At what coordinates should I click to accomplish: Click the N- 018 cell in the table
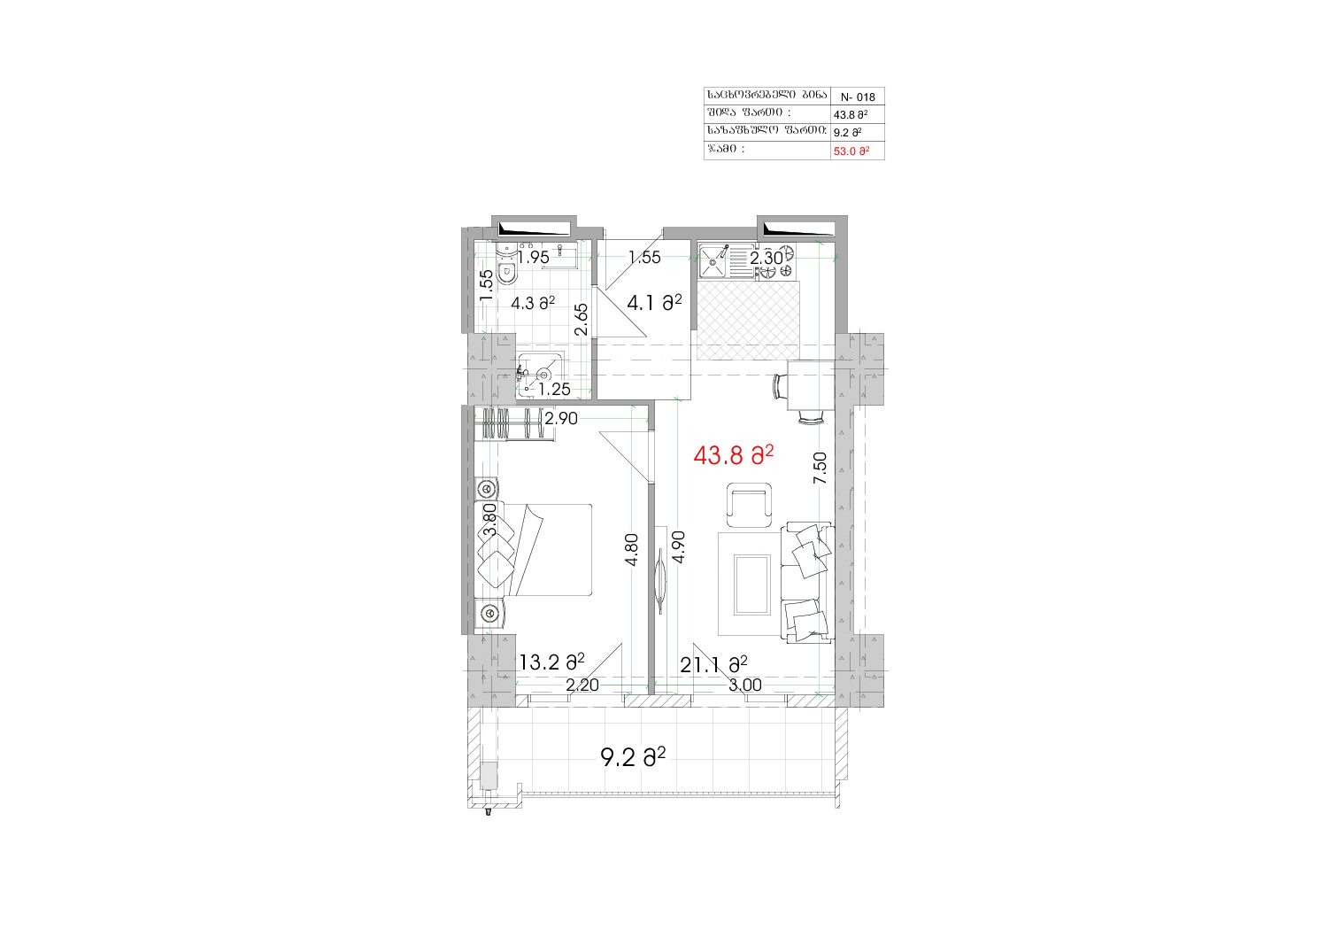click(858, 97)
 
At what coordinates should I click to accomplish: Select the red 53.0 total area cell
click(851, 151)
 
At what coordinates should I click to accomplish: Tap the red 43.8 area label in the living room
click(734, 455)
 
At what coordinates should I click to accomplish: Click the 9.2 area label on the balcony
click(633, 757)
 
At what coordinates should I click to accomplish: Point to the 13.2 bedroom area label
click(552, 662)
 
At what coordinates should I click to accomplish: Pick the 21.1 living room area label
click(713, 665)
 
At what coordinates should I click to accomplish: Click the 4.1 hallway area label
click(654, 303)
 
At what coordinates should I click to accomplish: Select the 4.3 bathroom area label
click(533, 303)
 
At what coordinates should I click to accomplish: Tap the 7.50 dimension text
click(820, 468)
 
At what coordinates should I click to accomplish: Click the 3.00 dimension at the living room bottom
click(744, 685)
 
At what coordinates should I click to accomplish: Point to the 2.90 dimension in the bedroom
click(561, 419)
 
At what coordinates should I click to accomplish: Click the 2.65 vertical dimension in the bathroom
click(582, 320)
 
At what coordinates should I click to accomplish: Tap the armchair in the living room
click(749, 505)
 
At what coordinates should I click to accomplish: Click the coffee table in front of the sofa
click(752, 585)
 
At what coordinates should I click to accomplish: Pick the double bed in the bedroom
click(534, 550)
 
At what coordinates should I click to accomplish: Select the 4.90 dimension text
click(679, 547)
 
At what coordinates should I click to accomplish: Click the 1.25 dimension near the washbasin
click(554, 389)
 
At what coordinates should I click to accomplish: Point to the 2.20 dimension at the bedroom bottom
click(582, 685)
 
